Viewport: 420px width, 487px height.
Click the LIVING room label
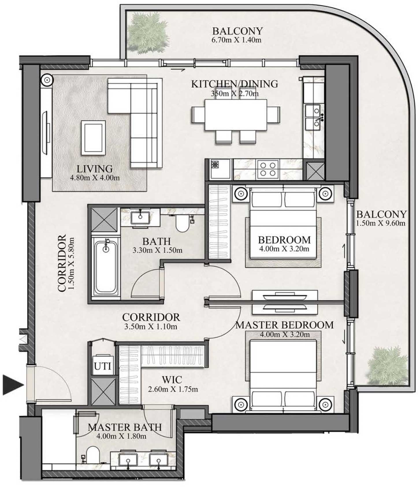pyautogui.click(x=94, y=169)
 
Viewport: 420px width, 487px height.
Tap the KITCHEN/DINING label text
pyautogui.click(x=235, y=84)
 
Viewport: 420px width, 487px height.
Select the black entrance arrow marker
pyautogui.click(x=13, y=385)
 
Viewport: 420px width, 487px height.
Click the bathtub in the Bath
pyautogui.click(x=106, y=267)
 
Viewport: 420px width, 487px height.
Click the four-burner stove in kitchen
pyautogui.click(x=268, y=169)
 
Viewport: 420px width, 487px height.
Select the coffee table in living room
pyautogui.click(x=93, y=138)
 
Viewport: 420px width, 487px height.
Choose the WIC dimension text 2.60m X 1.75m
pyautogui.click(x=173, y=389)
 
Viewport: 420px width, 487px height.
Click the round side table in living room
pyautogui.click(x=47, y=80)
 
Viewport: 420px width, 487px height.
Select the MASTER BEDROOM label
pyautogui.click(x=284, y=325)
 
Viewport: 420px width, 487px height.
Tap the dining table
pyautogui.click(x=235, y=115)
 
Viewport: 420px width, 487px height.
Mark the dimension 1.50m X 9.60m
pyautogui.click(x=380, y=223)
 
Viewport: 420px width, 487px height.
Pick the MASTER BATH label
pyautogui.click(x=124, y=427)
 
